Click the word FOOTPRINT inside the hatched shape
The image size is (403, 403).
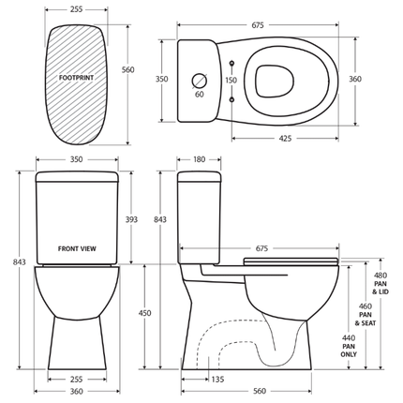76,76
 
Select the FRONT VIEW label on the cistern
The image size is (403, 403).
76,249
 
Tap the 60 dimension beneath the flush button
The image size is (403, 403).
199,95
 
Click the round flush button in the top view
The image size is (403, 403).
199,80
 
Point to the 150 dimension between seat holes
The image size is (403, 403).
231,81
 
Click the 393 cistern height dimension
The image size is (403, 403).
131,219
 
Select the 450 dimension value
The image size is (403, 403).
145,313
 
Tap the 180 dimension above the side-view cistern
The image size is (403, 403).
198,159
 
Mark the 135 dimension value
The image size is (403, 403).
217,380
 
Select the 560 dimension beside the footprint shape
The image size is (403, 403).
127,69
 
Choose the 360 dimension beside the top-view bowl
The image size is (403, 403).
355,80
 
